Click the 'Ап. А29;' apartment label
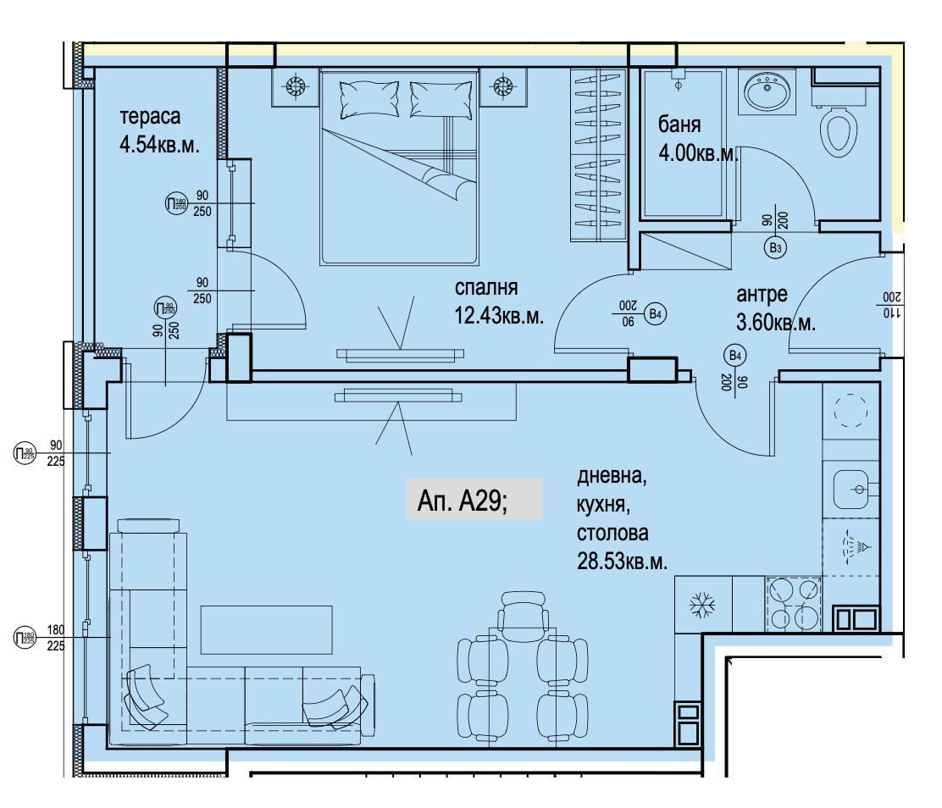[462, 501]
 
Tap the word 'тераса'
[150, 117]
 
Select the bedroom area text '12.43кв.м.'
[499, 315]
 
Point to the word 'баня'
[679, 125]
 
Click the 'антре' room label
[762, 295]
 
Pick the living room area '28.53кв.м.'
[622, 561]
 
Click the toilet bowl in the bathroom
[839, 131]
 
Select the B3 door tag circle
[776, 247]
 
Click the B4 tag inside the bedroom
[655, 314]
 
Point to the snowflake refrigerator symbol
[701, 605]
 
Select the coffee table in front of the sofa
[266, 629]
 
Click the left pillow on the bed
[368, 99]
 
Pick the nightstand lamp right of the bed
[503, 87]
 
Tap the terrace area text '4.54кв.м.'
[159, 145]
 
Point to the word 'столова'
[612, 533]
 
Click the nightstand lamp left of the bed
[295, 87]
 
